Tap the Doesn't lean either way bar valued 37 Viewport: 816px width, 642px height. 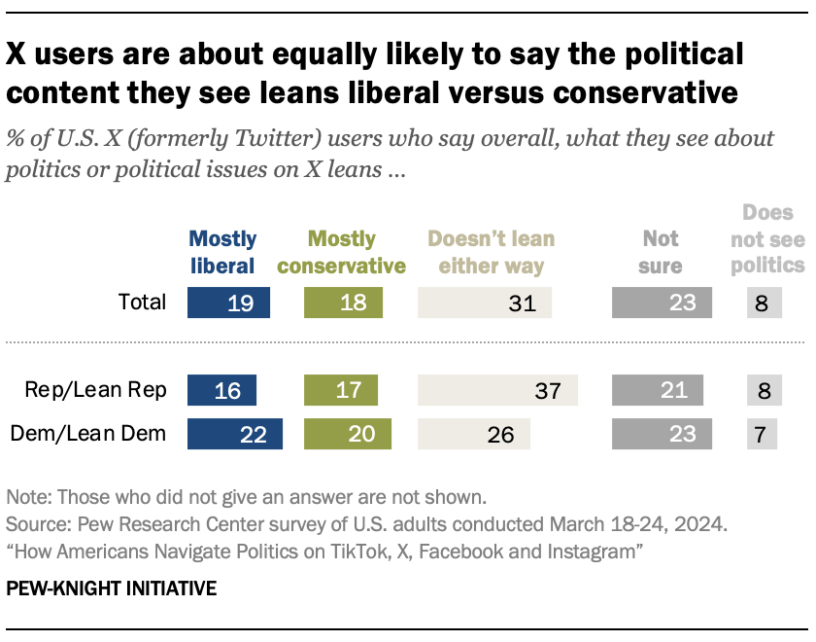pos(497,390)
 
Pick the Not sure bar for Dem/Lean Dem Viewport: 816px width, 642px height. pos(662,434)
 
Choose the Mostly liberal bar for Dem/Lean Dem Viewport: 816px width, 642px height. pos(235,434)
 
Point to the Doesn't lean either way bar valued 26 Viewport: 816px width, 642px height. pos(473,434)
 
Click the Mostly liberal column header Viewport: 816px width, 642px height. pos(222,252)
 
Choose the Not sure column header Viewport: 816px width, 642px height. pos(661,252)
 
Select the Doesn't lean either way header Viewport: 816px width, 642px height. pos(491,252)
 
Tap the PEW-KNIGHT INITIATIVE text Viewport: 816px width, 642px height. pos(112,588)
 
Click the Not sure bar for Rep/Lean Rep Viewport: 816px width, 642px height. pos(658,390)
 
